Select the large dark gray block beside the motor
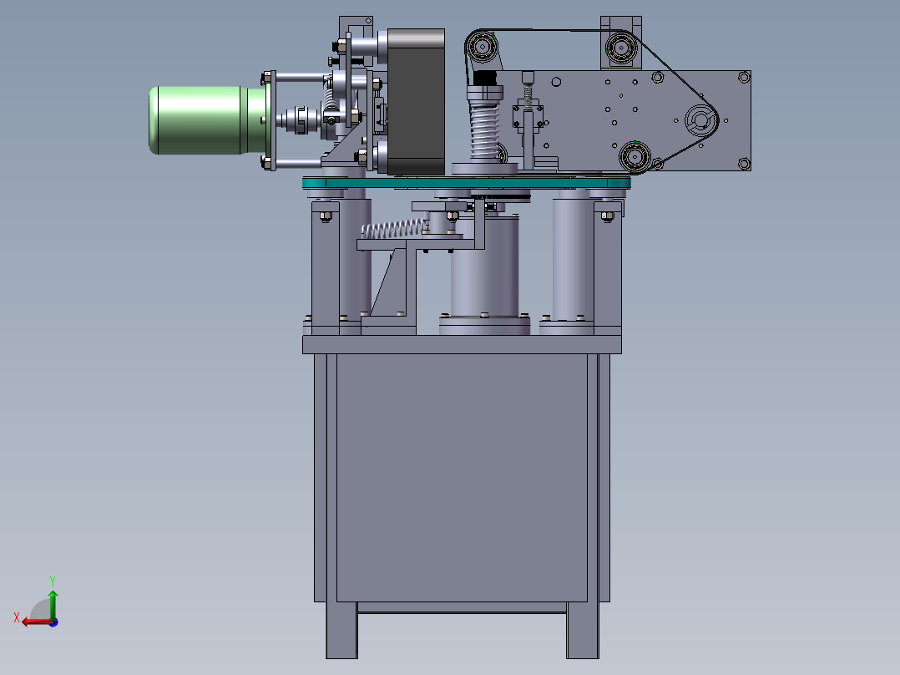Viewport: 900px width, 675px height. (416, 102)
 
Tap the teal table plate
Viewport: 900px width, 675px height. (467, 183)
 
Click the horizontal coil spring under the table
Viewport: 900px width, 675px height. (393, 229)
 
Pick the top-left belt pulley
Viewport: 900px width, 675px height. (481, 45)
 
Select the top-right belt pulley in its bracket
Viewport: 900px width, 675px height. (620, 47)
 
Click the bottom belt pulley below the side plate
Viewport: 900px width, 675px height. (635, 155)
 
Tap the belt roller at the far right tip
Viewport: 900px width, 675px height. (700, 120)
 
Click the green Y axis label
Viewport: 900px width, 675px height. (53, 581)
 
